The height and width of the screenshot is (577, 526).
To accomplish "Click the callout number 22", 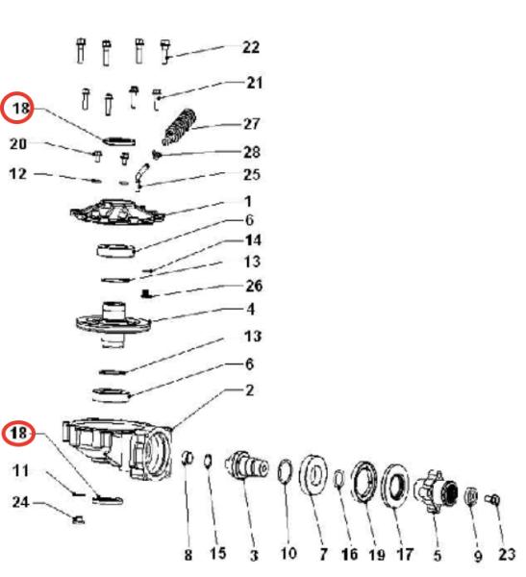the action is (251, 47).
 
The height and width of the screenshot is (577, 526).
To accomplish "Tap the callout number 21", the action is (255, 83).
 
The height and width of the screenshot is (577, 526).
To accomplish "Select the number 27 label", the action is (252, 124).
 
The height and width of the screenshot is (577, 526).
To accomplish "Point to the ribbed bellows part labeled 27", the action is (179, 127).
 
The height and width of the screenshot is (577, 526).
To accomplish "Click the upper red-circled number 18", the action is (20, 108).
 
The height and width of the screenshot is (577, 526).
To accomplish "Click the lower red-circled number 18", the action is (18, 433).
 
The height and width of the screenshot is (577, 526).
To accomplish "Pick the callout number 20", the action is (18, 143).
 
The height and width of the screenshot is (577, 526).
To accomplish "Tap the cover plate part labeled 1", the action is (117, 212).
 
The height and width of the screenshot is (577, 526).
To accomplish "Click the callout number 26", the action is (254, 286).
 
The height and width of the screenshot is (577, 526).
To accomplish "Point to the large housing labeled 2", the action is (117, 449).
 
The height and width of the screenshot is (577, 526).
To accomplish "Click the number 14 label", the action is (253, 240).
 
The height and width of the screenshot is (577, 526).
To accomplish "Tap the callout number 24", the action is (20, 502).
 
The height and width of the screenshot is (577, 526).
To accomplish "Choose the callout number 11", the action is (20, 470).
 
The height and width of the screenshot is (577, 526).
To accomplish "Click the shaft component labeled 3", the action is (246, 465).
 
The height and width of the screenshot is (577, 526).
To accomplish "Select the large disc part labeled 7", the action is (313, 475).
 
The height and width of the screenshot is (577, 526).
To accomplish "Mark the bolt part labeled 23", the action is (493, 500).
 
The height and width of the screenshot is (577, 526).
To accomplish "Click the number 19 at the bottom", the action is (377, 555).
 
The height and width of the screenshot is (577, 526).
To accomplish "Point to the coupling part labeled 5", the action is (436, 491).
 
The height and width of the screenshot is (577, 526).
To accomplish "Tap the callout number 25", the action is (252, 174).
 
